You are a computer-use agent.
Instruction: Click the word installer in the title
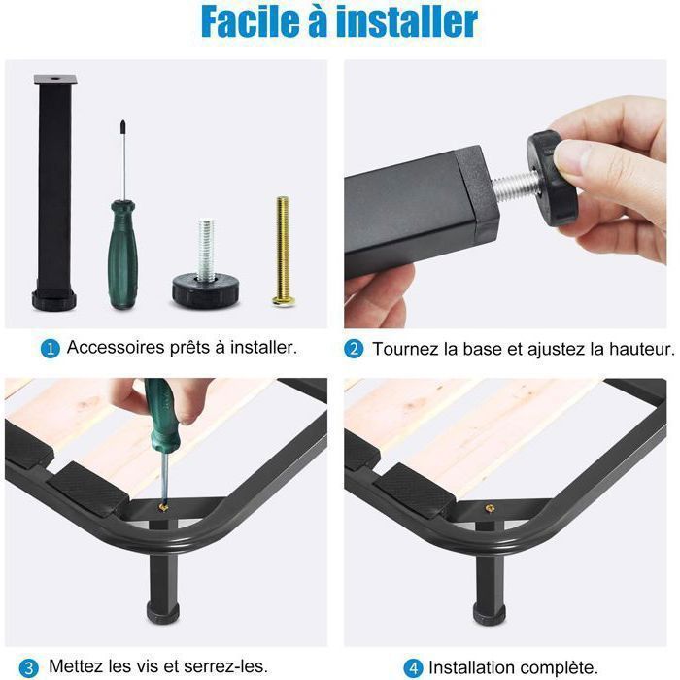coord(414,21)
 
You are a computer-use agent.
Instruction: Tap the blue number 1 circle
coord(50,347)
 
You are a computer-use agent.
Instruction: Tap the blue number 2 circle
coord(355,348)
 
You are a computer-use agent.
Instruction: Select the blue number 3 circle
coord(29,667)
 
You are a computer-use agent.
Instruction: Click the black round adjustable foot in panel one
coord(206,287)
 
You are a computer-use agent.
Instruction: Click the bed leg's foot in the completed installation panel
coord(489,612)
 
